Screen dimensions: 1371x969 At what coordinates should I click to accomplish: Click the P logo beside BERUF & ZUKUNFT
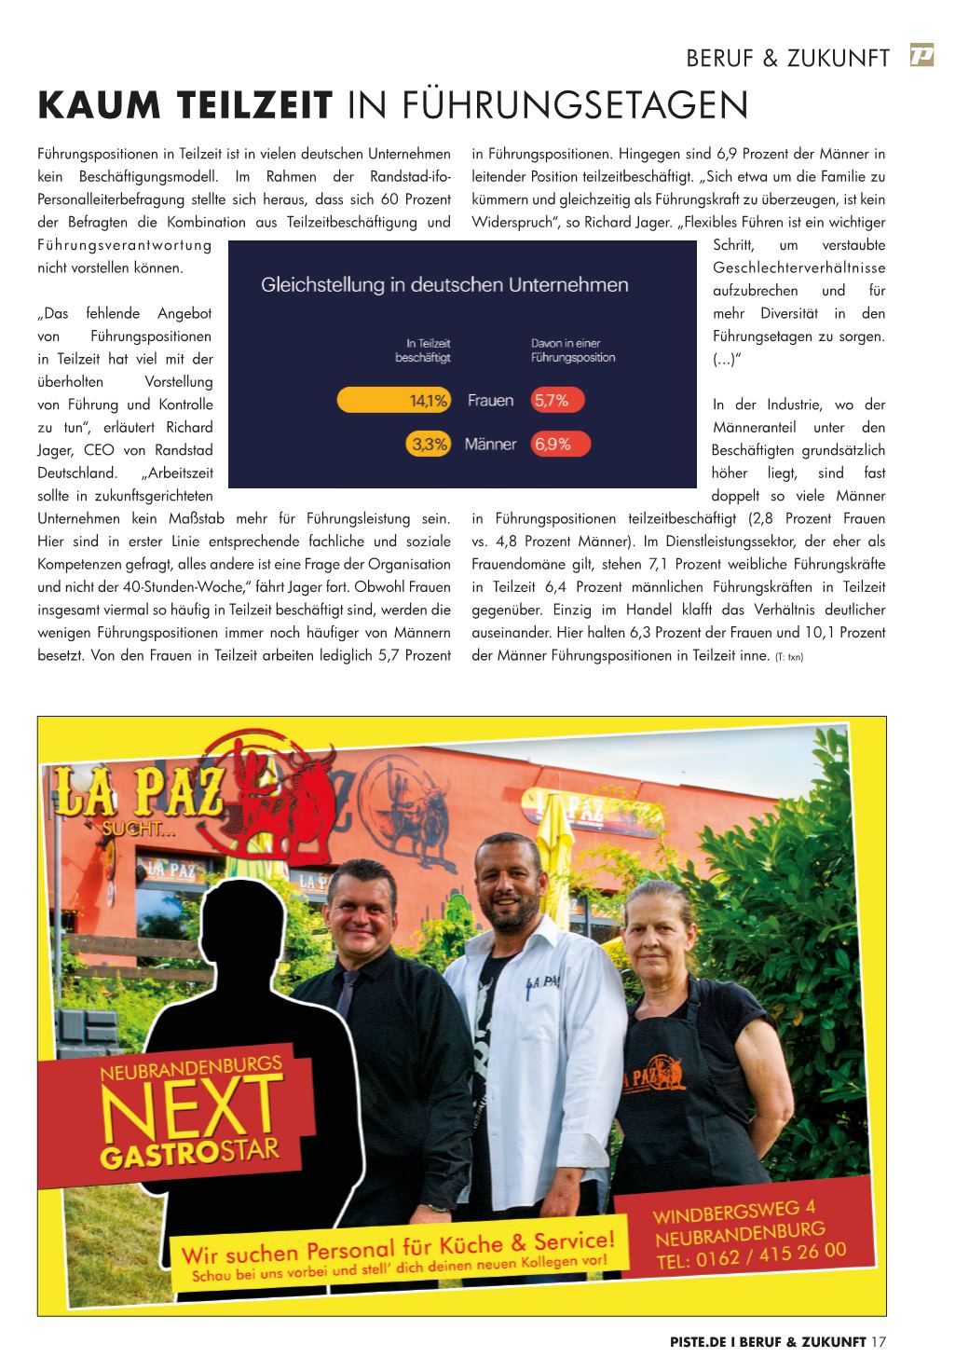click(922, 56)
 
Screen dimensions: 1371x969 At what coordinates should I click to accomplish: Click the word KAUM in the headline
click(91, 105)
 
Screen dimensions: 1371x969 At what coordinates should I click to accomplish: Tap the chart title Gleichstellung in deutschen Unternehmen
click(444, 285)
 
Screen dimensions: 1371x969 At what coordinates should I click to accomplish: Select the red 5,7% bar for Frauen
click(557, 401)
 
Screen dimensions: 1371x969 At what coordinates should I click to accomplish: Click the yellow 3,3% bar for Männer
click(429, 445)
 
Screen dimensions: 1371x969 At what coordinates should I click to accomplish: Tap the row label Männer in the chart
click(490, 445)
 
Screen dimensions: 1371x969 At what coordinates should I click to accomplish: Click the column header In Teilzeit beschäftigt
click(422, 350)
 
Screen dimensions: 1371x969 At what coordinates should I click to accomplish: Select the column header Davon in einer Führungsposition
click(573, 350)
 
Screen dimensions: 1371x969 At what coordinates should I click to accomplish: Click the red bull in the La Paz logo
click(298, 792)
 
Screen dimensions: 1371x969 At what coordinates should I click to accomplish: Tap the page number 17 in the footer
click(878, 1342)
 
